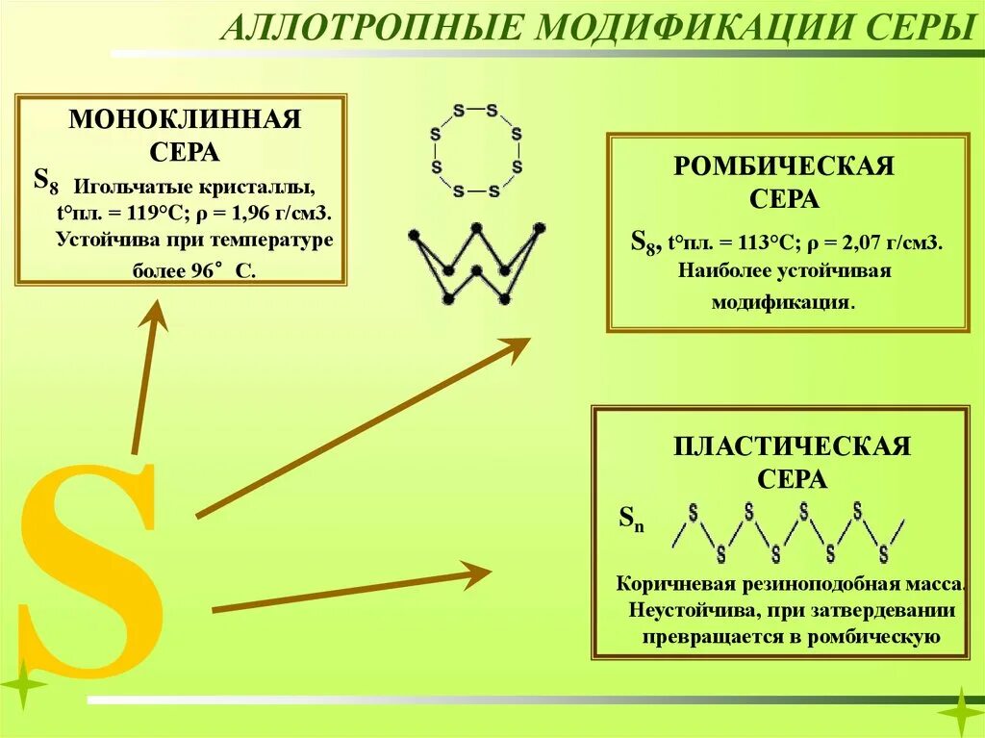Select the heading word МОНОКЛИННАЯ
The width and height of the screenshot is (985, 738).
coord(185,119)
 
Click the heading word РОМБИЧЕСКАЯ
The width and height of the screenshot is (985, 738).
coord(784,166)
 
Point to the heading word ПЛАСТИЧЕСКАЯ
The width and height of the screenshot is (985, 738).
coord(791,446)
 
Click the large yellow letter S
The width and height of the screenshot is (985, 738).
coord(91,568)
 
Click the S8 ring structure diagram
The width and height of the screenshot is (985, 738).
coord(476,151)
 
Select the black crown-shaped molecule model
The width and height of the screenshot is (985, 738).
coord(476,263)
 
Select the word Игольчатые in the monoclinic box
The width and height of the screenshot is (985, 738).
coord(122,185)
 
